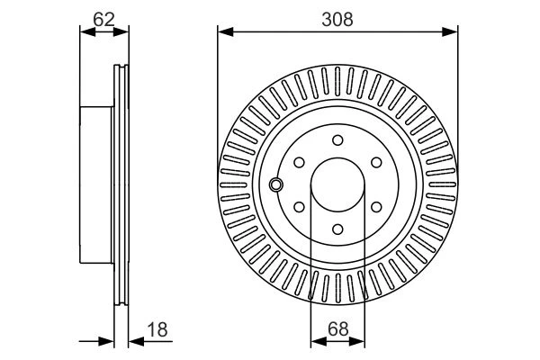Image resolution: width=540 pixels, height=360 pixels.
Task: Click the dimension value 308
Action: [337, 19]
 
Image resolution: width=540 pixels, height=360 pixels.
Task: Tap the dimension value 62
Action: [103, 19]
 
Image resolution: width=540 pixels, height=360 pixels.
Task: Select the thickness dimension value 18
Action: [157, 329]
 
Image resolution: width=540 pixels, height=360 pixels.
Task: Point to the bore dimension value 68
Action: [337, 329]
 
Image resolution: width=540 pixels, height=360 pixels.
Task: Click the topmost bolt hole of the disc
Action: [337, 140]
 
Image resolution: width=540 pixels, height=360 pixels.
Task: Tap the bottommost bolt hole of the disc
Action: [337, 229]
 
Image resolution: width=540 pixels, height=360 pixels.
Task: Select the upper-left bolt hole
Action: [300, 163]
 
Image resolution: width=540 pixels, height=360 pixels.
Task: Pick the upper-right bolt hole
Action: [376, 163]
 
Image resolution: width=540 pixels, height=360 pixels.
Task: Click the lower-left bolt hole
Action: [300, 207]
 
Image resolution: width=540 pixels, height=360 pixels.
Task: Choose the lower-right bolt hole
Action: [376, 207]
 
